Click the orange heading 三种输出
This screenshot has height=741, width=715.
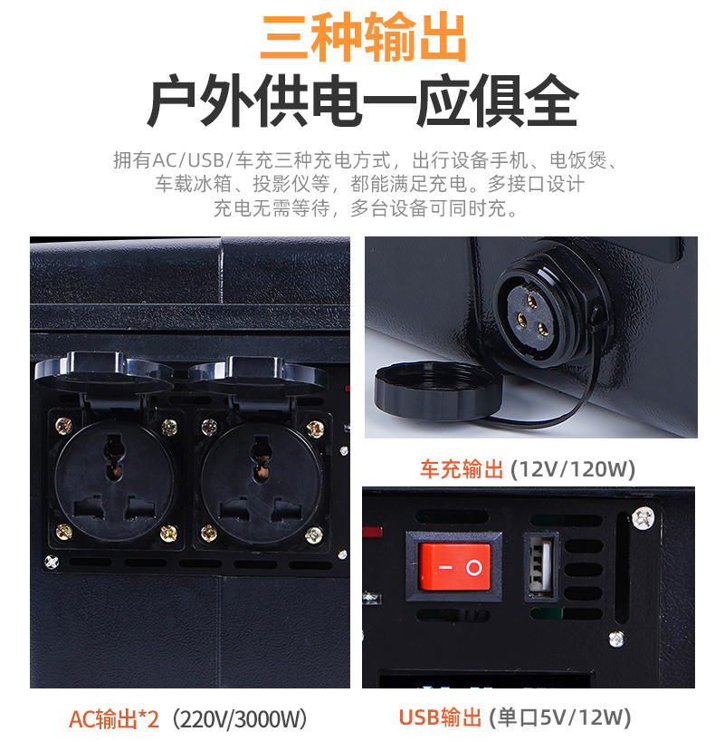363,37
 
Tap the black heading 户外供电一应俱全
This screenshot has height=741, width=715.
363,101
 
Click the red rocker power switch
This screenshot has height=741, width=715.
453,566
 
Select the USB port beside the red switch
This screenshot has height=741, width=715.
540,566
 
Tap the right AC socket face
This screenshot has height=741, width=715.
262,483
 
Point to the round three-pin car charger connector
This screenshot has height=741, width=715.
534,314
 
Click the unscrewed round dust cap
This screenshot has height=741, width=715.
437,390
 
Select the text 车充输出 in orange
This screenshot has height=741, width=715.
462,469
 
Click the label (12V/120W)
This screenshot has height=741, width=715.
573,469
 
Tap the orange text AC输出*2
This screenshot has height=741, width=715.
114,718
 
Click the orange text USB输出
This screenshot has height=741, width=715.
440,717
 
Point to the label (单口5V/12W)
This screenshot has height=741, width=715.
560,717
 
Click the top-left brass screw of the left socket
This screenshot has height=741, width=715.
63,426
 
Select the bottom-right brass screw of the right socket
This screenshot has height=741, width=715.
313,535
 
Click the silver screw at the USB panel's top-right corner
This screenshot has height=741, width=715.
643,517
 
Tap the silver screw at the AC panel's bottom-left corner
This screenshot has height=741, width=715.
51,562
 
